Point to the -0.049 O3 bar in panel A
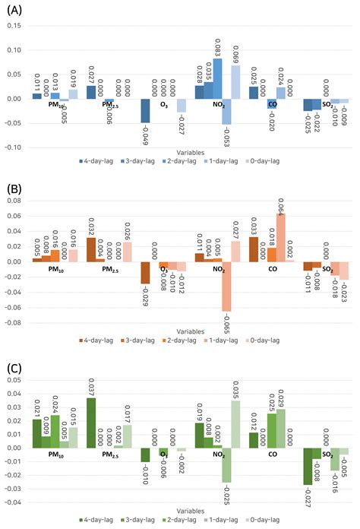click(x=144, y=110)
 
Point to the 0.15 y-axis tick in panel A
click(x=14, y=26)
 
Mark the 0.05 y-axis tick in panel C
click(x=14, y=393)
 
